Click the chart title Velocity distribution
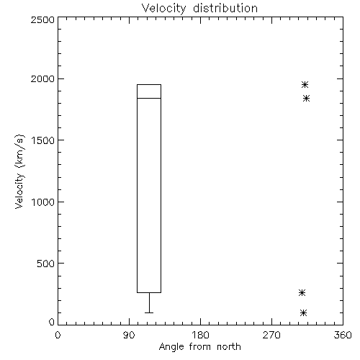point(199,8)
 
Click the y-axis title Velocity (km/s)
point(19,171)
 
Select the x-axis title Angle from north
point(199,347)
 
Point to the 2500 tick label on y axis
point(42,19)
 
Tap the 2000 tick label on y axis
point(42,78)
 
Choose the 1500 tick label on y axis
point(43,140)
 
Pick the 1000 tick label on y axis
point(43,202)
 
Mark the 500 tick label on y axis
point(46,264)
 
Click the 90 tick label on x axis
point(129,335)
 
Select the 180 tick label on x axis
point(200,335)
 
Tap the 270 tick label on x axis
point(271,335)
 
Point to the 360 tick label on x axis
point(343,335)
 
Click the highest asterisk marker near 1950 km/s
point(305,84)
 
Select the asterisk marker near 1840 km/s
point(306,98)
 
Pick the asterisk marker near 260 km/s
point(302,292)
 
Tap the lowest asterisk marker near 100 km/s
point(303,312)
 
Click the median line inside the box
point(149,98)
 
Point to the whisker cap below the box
point(149,312)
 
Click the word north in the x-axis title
point(229,347)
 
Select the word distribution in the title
point(225,8)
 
